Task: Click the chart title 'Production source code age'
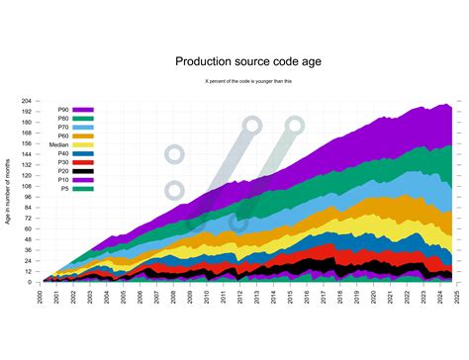(x=247, y=61)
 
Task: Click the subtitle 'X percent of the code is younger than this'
(x=247, y=80)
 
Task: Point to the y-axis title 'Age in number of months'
(x=9, y=193)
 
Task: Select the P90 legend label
(x=62, y=110)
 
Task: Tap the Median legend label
(x=58, y=144)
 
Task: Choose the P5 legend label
(x=64, y=188)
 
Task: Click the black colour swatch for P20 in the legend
(x=82, y=170)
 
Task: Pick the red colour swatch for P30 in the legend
(x=82, y=162)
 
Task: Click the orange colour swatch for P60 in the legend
(x=82, y=135)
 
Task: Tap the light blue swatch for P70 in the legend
(x=82, y=127)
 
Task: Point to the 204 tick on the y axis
(x=29, y=101)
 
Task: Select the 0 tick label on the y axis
(x=33, y=282)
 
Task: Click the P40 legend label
(x=62, y=153)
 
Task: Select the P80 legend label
(x=62, y=119)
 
